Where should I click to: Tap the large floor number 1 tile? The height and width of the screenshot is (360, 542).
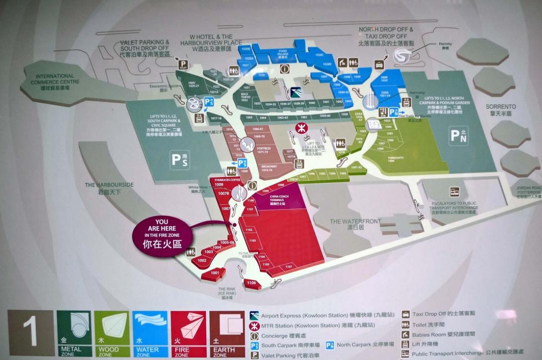point(31,333)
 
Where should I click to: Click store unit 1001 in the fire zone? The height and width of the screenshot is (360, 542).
point(215,272)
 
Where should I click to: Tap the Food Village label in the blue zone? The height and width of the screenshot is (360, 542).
point(283,53)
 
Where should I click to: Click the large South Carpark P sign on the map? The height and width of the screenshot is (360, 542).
point(179,160)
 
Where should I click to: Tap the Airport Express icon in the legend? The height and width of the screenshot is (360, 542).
point(254,315)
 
